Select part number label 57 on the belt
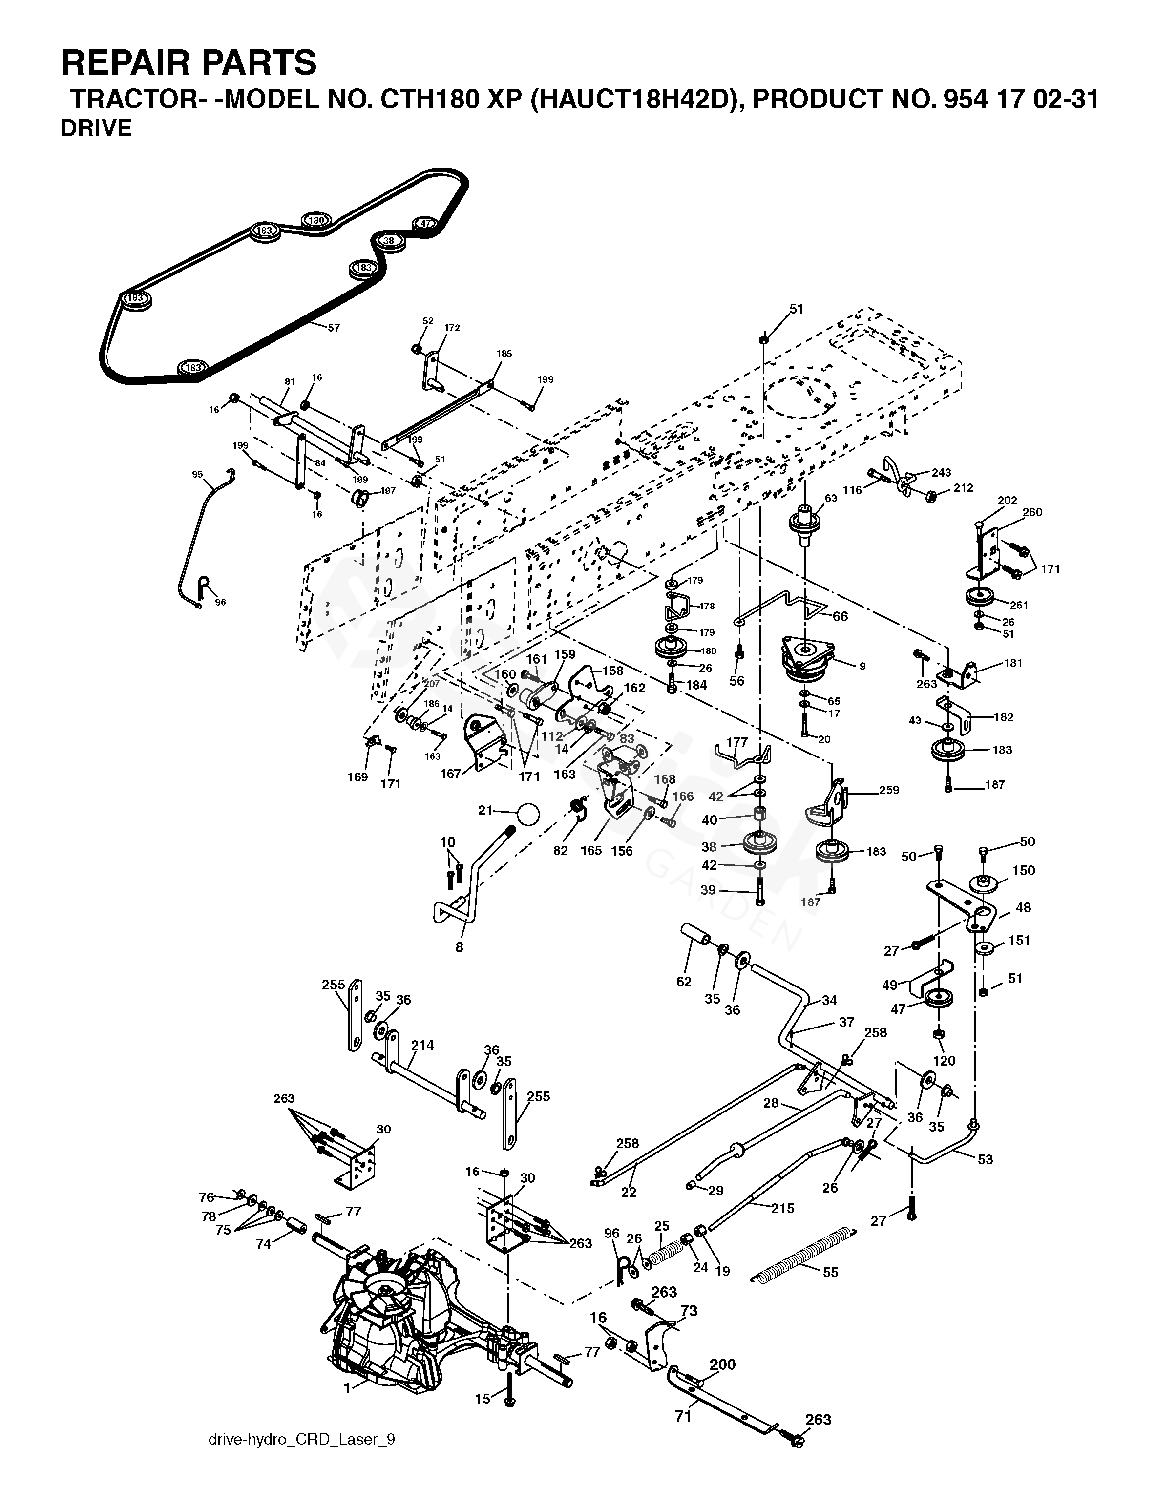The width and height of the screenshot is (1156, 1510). click(x=334, y=328)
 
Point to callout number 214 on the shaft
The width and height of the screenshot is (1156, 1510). click(x=422, y=1046)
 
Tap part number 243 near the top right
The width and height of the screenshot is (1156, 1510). click(x=941, y=473)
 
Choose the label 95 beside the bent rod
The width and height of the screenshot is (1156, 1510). click(x=197, y=474)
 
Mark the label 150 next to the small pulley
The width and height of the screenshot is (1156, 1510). click(x=1024, y=870)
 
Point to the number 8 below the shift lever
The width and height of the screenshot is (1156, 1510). click(x=459, y=947)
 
